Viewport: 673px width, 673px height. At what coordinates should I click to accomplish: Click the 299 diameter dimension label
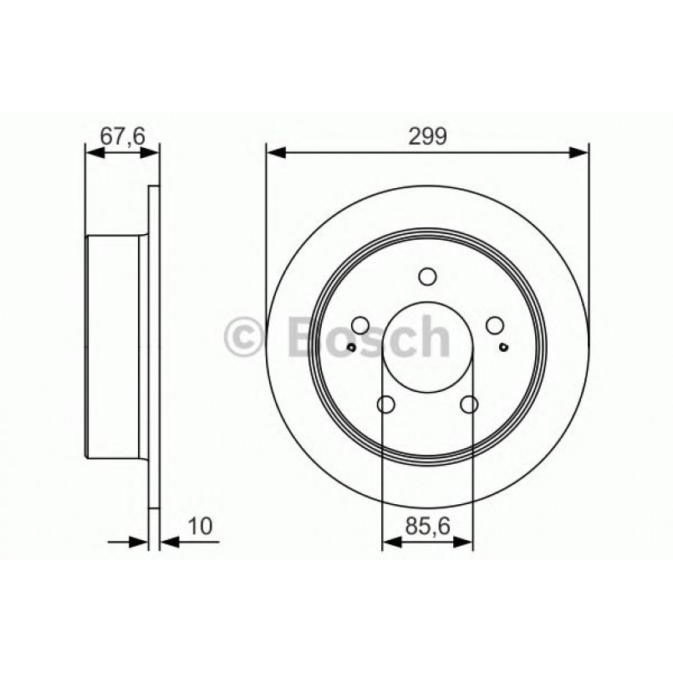(x=427, y=135)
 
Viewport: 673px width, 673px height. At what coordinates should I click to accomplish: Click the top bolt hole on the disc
(x=427, y=277)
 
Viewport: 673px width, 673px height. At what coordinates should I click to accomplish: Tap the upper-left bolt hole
(x=360, y=325)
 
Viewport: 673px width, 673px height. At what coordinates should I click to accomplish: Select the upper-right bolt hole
(x=494, y=325)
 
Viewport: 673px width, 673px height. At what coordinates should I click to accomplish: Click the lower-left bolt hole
(x=385, y=405)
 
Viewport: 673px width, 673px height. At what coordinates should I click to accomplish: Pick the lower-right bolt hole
(x=469, y=405)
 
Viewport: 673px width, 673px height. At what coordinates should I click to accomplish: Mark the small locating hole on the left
(x=352, y=348)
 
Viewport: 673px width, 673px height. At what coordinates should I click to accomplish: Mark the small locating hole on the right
(x=502, y=348)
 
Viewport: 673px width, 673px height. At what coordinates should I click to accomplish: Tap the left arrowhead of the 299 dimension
(x=275, y=152)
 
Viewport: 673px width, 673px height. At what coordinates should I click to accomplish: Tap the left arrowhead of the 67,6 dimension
(x=94, y=152)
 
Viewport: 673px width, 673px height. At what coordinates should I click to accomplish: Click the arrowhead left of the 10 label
(x=141, y=542)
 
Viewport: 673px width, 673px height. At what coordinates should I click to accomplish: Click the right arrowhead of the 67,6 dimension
(x=150, y=152)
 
